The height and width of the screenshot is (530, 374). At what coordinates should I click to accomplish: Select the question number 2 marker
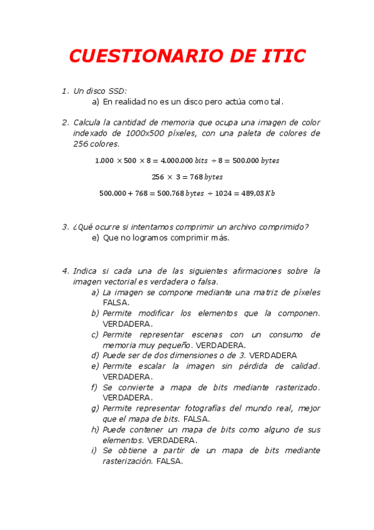[x=65, y=122]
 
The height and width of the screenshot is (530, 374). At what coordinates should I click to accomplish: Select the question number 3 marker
[x=65, y=227]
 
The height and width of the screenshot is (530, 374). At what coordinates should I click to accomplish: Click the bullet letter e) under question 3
[x=96, y=237]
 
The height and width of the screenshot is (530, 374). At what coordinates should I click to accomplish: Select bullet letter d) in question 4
[x=96, y=355]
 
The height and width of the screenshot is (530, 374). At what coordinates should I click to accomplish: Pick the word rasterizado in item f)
[x=295, y=387]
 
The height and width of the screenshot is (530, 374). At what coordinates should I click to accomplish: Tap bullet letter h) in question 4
[x=96, y=429]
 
